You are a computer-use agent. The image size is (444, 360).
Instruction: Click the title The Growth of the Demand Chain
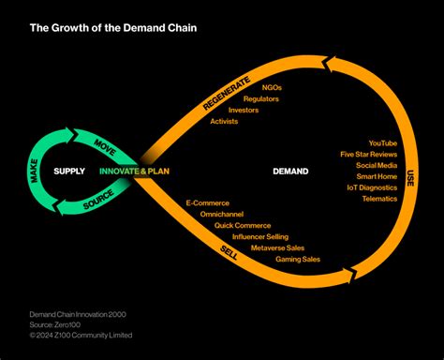click(113, 27)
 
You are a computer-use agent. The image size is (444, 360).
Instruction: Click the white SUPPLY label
click(69, 171)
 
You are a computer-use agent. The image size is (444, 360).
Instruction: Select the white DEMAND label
click(290, 171)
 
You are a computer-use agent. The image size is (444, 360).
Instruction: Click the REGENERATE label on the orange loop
click(224, 90)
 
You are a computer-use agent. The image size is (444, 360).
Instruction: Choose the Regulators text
click(261, 98)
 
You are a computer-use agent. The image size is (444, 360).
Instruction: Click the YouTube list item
click(382, 142)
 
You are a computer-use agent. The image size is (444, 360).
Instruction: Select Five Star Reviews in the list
click(369, 154)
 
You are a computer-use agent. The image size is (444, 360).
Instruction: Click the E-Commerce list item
click(207, 202)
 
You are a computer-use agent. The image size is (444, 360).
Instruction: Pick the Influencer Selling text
click(260, 236)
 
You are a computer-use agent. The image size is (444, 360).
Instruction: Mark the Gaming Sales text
click(298, 259)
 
